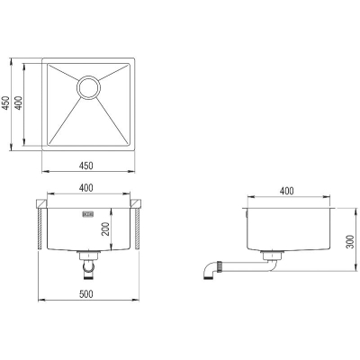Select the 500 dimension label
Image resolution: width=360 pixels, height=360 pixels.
pyautogui.click(x=86, y=294)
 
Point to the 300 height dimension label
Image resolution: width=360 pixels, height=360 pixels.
pyautogui.click(x=350, y=242)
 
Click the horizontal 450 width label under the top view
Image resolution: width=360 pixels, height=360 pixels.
pyautogui.click(x=86, y=166)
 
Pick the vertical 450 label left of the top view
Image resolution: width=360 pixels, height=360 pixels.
pyautogui.click(x=5, y=103)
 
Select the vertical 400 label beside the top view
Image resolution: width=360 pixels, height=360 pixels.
pyautogui.click(x=19, y=103)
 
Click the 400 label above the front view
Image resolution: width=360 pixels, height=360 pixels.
pyautogui.click(x=86, y=188)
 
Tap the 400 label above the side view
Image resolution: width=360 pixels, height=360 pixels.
pyautogui.click(x=287, y=191)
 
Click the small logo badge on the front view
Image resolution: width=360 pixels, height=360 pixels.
pyautogui.click(x=88, y=214)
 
